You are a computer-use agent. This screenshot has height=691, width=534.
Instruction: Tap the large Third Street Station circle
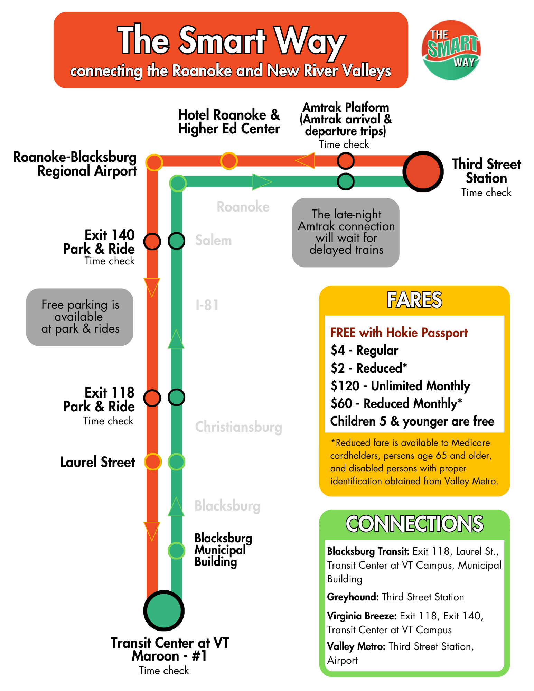pos(423,171)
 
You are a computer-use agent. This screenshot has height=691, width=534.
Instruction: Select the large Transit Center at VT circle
pos(164,610)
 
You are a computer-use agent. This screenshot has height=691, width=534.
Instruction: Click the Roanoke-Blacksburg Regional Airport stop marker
pos(154,162)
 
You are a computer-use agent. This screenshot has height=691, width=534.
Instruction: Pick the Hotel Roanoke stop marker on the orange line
pos(229,161)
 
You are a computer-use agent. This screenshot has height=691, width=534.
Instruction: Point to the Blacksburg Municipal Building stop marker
pos(177,550)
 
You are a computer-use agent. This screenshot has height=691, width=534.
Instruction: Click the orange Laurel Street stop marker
pos(152,461)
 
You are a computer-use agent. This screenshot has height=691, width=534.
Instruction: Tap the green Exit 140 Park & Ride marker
pos(177,241)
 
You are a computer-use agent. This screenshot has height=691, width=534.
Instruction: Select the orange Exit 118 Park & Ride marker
pos(152,398)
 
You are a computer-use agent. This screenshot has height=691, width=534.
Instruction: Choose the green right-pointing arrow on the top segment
pos(262,182)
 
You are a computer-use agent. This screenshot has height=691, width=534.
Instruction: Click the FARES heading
pos(414,300)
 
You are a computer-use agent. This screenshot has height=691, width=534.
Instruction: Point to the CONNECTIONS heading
pos(414,524)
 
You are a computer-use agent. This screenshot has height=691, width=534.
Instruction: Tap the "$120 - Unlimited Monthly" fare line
pos(400,386)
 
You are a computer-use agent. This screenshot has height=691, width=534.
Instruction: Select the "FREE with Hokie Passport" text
pos(399,333)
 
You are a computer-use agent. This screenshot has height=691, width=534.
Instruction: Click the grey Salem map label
pos(214,240)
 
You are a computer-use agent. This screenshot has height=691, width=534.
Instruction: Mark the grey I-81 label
pos(207,305)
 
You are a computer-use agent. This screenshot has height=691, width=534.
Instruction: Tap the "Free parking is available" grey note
pos(80,317)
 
